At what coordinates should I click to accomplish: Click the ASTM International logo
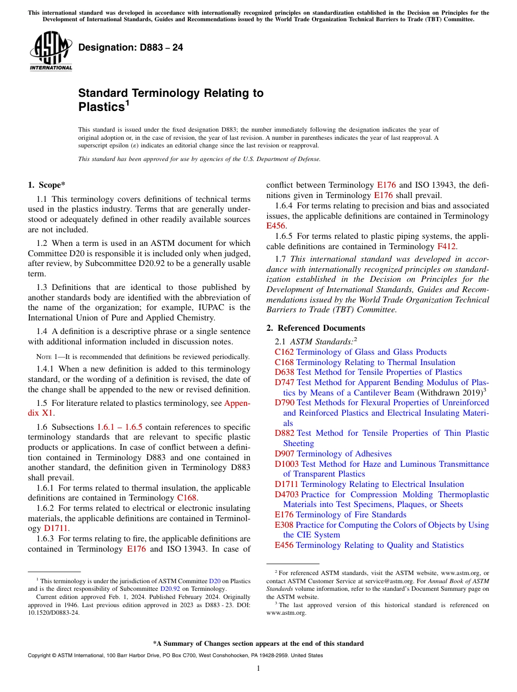tap(51, 51)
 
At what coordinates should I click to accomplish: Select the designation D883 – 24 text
tap(131, 48)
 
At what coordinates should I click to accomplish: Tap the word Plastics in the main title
tap(101, 107)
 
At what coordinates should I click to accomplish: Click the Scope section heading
tap(47, 185)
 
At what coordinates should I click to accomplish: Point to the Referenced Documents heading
tap(316, 328)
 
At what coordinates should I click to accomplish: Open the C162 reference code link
tap(284, 353)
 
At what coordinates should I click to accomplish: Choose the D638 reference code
tap(285, 373)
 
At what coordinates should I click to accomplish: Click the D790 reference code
tap(285, 403)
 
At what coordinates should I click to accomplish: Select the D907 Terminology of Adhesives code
tap(285, 454)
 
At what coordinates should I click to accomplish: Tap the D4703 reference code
tap(287, 495)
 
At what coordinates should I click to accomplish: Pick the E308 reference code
tap(284, 525)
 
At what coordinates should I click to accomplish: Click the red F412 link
tap(447, 246)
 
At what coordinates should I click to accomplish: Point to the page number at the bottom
tap(258, 669)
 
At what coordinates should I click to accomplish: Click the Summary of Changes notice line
tap(258, 644)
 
